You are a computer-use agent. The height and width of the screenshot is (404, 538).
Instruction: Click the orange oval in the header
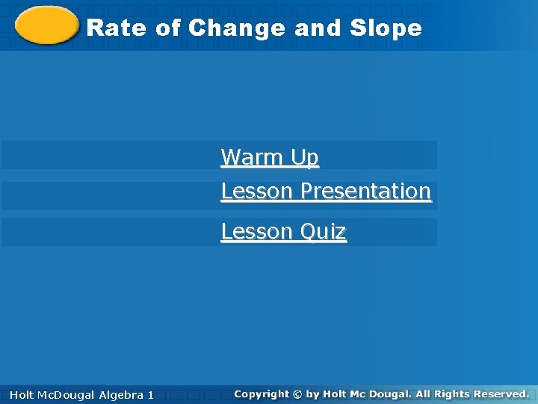tap(46, 26)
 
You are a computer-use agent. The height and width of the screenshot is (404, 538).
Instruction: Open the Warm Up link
tap(270, 158)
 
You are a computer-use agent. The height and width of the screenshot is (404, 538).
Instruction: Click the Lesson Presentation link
tap(326, 192)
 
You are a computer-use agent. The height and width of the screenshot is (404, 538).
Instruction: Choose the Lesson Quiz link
tap(283, 232)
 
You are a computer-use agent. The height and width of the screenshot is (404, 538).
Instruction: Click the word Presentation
tap(365, 192)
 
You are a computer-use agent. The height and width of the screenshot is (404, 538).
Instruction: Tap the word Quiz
tap(323, 232)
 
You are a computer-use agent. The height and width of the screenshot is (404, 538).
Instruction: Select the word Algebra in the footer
tap(122, 394)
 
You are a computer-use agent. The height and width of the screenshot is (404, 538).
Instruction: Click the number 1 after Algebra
tap(151, 394)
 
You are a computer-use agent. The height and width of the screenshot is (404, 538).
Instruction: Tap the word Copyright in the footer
tap(261, 394)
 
